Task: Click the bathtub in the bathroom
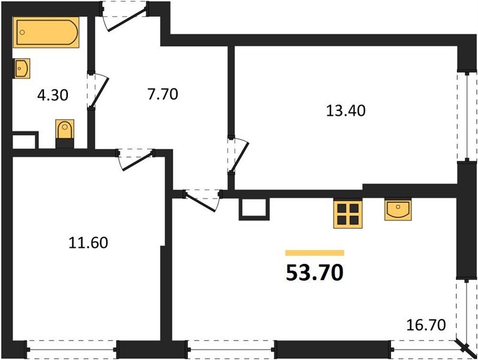point(47,32)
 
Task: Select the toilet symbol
point(64,131)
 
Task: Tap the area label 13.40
point(345,110)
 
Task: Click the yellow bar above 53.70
point(314,253)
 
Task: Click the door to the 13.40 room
point(239,156)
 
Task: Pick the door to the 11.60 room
point(135,158)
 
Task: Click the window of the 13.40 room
point(465,115)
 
